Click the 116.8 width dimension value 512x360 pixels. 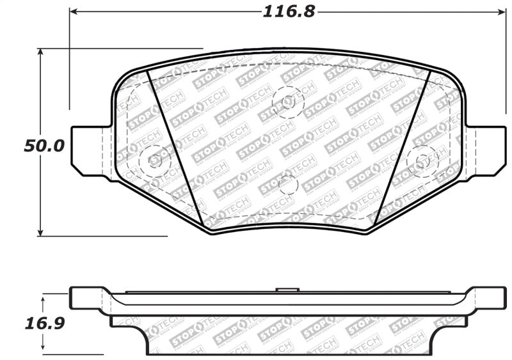[289, 11]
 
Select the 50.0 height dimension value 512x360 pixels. [44, 145]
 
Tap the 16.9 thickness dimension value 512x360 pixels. [44, 324]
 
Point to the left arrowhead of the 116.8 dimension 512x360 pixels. [73, 11]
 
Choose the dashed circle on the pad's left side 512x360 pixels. [154, 159]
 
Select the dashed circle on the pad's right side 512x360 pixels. [422, 160]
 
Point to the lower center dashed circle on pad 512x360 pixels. [288, 185]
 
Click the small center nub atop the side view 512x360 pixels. [287, 290]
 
